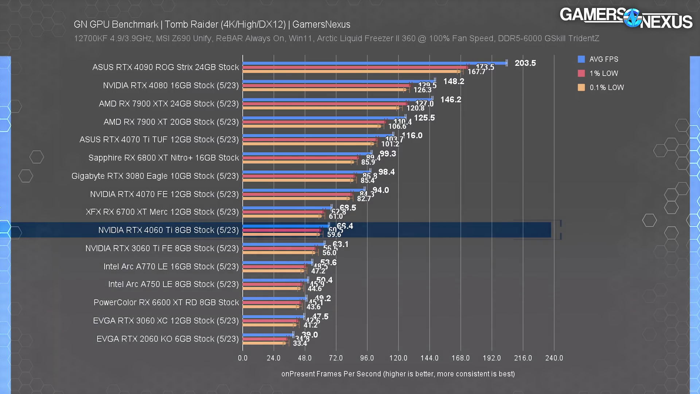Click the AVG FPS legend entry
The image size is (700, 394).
(603, 59)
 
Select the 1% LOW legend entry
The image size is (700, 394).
(603, 73)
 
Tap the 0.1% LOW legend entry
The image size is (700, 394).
(606, 88)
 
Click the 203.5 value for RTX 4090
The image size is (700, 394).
(525, 63)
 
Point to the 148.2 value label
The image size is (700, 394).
(454, 81)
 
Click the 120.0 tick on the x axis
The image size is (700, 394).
(398, 358)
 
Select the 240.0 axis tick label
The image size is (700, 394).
(554, 358)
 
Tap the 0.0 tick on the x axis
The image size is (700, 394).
(242, 358)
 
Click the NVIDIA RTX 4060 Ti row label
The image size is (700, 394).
(168, 230)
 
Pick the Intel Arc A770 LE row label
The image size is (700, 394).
(171, 267)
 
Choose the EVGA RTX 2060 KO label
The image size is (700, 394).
(167, 339)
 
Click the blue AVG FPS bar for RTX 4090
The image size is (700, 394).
(374, 63)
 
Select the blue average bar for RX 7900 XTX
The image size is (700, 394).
(337, 99)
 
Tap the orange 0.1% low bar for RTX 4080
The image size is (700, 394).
(324, 89)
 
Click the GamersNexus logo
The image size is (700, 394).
(626, 18)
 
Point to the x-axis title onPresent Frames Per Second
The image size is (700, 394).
(398, 374)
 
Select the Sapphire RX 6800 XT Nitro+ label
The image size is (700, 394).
(163, 158)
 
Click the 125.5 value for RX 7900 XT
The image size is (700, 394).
(424, 118)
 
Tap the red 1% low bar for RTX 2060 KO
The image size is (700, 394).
(265, 339)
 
